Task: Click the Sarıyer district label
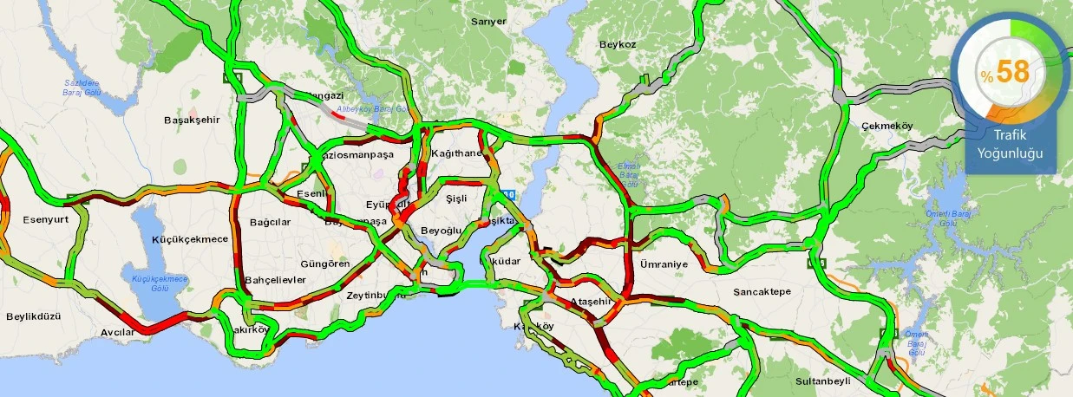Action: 487,22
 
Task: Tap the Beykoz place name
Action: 618,44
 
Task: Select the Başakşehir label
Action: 192,120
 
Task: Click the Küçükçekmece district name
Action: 190,239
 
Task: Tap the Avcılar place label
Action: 117,332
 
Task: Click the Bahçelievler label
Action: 276,280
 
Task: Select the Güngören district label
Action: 324,263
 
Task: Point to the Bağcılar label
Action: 270,222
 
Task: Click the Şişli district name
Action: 456,198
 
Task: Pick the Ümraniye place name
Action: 664,264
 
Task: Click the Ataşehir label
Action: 592,302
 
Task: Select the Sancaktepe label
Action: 762,291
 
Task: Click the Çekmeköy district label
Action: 887,127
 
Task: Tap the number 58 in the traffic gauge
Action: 1012,72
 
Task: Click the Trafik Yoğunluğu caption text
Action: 1009,145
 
